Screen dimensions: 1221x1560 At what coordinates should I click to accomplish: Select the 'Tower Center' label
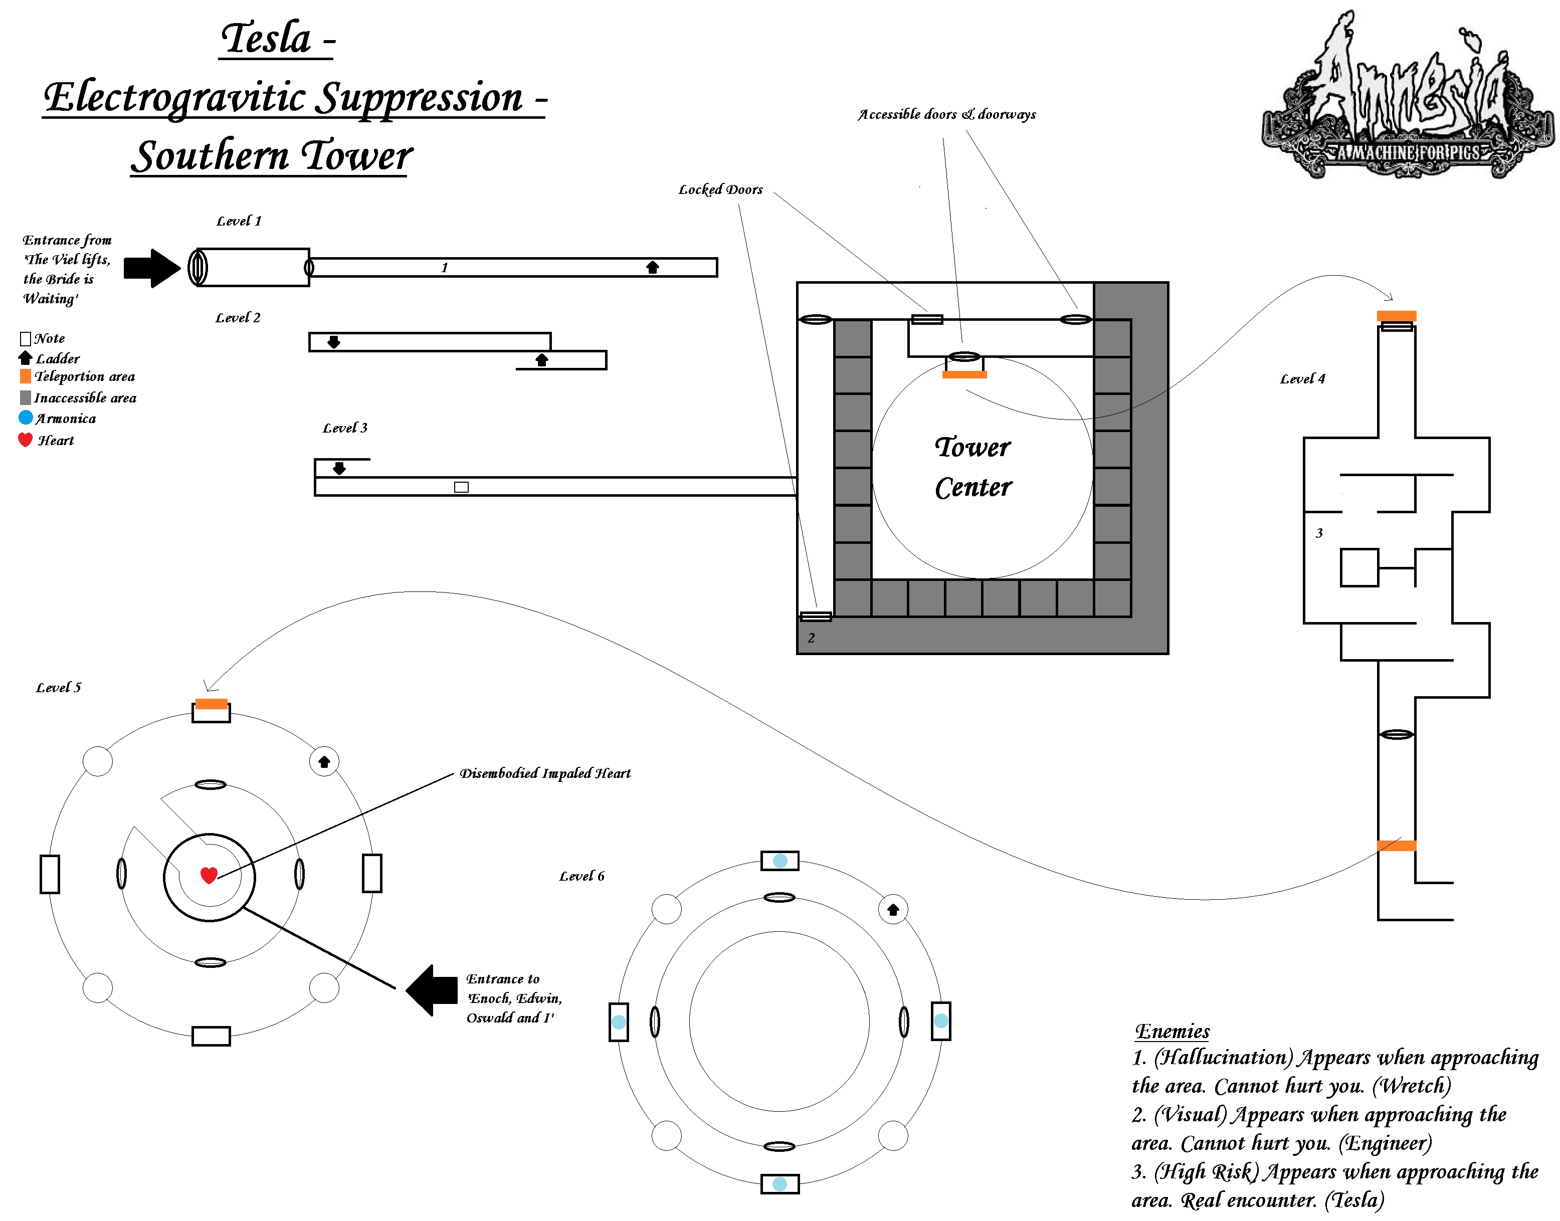point(973,467)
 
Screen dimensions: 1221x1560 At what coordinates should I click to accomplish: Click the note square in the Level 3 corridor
point(461,487)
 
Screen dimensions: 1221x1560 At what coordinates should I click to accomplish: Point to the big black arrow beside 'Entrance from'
point(151,268)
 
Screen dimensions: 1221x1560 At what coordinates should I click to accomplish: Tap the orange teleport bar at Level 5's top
point(212,704)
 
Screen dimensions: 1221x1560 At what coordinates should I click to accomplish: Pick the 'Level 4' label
point(1302,379)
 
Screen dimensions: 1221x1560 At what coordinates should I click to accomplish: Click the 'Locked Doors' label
point(720,189)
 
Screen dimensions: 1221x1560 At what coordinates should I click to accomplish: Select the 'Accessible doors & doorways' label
point(946,114)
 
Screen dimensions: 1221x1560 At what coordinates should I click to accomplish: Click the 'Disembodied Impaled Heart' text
point(545,773)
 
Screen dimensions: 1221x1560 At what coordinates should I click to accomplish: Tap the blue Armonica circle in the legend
point(26,418)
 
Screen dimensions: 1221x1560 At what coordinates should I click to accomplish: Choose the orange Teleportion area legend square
point(26,376)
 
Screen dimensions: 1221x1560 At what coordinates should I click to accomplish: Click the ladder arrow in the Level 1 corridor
point(652,267)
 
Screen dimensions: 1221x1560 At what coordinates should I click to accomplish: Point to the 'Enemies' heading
point(1172,1031)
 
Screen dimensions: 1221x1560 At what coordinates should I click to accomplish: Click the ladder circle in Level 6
point(893,909)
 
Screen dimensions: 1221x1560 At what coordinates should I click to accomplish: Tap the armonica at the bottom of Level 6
point(780,1184)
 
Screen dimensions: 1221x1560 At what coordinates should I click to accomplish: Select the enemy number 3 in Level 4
point(1319,533)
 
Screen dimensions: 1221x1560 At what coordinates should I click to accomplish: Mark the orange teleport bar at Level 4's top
point(1396,316)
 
